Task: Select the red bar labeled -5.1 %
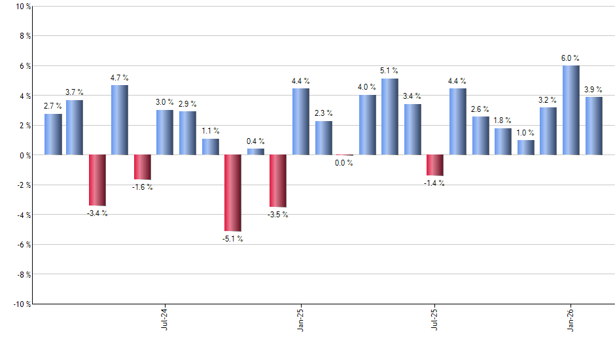click(233, 193)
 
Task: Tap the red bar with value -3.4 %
click(97, 180)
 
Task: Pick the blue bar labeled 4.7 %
click(120, 120)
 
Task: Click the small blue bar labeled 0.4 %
click(256, 152)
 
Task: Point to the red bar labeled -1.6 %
click(143, 167)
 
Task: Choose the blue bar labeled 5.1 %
click(390, 117)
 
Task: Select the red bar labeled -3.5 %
click(278, 181)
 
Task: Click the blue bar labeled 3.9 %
click(594, 126)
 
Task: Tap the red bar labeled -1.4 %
click(435, 165)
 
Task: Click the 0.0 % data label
click(344, 163)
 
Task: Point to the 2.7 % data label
click(53, 106)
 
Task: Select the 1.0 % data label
click(526, 133)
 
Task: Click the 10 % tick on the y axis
click(22, 7)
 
